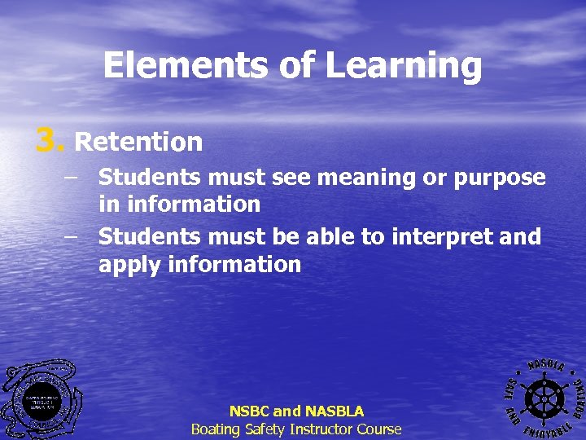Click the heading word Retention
click(138, 143)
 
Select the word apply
click(129, 265)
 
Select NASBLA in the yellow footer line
click(335, 411)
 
